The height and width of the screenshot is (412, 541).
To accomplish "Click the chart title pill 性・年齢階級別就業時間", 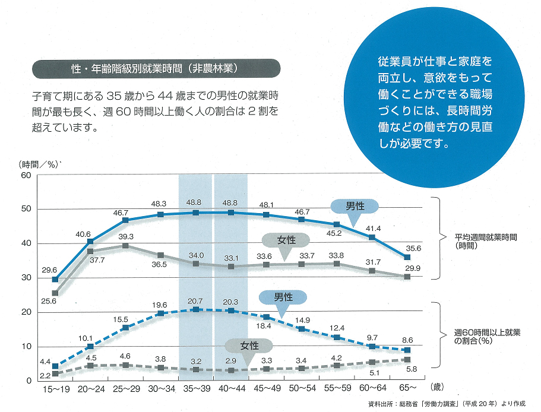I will coord(154,68).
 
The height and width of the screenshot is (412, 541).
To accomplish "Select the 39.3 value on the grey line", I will coord(125,236).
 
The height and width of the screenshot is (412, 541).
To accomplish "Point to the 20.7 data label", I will coord(195,302).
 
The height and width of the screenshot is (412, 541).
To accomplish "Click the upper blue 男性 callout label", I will coord(355,206).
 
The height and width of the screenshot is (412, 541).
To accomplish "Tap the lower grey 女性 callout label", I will coord(248,346).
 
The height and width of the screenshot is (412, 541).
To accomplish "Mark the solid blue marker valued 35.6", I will coord(407,257).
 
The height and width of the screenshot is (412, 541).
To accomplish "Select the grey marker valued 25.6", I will coord(55,293).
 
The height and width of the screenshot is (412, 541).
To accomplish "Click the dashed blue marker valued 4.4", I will coord(55,366).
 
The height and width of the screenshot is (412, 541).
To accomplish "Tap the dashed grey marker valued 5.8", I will coord(407,360).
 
